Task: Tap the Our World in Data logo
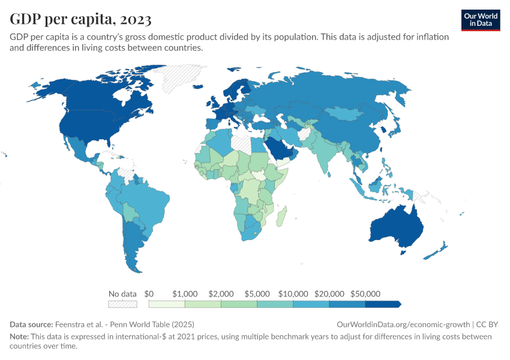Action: (481, 20)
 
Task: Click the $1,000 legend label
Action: (185, 294)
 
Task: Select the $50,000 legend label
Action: (365, 294)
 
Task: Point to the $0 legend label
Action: (149, 294)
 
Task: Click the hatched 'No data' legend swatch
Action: (122, 304)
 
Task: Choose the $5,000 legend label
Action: (257, 294)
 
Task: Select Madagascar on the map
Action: (280, 217)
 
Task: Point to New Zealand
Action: (437, 250)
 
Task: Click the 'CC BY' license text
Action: (489, 324)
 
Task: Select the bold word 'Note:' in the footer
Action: (20, 337)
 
